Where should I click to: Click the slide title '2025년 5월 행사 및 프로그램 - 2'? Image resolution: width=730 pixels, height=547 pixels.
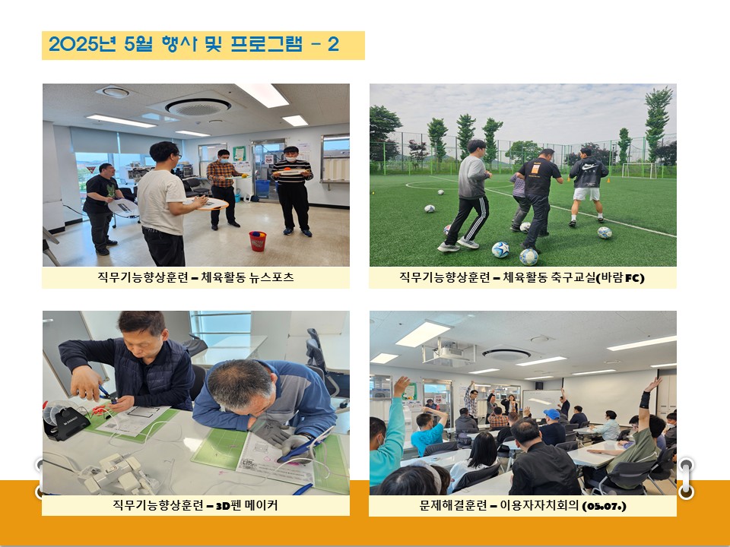[x=194, y=44]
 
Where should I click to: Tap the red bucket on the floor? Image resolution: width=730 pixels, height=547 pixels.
[x=258, y=241]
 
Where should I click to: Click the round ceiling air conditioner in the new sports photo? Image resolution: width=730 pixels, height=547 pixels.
[x=198, y=106]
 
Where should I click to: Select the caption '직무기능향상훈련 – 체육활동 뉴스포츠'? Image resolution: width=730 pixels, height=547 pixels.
[x=195, y=277]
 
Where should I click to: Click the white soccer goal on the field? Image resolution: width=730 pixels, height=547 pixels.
[x=639, y=170]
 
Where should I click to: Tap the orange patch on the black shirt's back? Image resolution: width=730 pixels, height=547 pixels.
[x=535, y=168]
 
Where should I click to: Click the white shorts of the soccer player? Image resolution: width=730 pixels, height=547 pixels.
[x=586, y=194]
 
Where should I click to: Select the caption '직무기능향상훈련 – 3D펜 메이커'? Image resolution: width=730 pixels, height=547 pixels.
[x=195, y=504]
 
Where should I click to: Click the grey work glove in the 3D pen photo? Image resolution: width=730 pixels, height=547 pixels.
[x=272, y=431]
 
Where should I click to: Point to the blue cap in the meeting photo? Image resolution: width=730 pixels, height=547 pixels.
[x=552, y=413]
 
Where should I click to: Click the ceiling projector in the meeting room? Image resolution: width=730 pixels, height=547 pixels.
[x=449, y=351]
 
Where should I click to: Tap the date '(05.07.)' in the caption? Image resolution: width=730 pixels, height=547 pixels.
[x=605, y=506]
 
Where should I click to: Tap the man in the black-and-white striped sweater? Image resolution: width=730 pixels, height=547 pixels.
[x=292, y=191]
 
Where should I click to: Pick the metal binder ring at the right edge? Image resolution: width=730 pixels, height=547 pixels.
[x=686, y=478]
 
